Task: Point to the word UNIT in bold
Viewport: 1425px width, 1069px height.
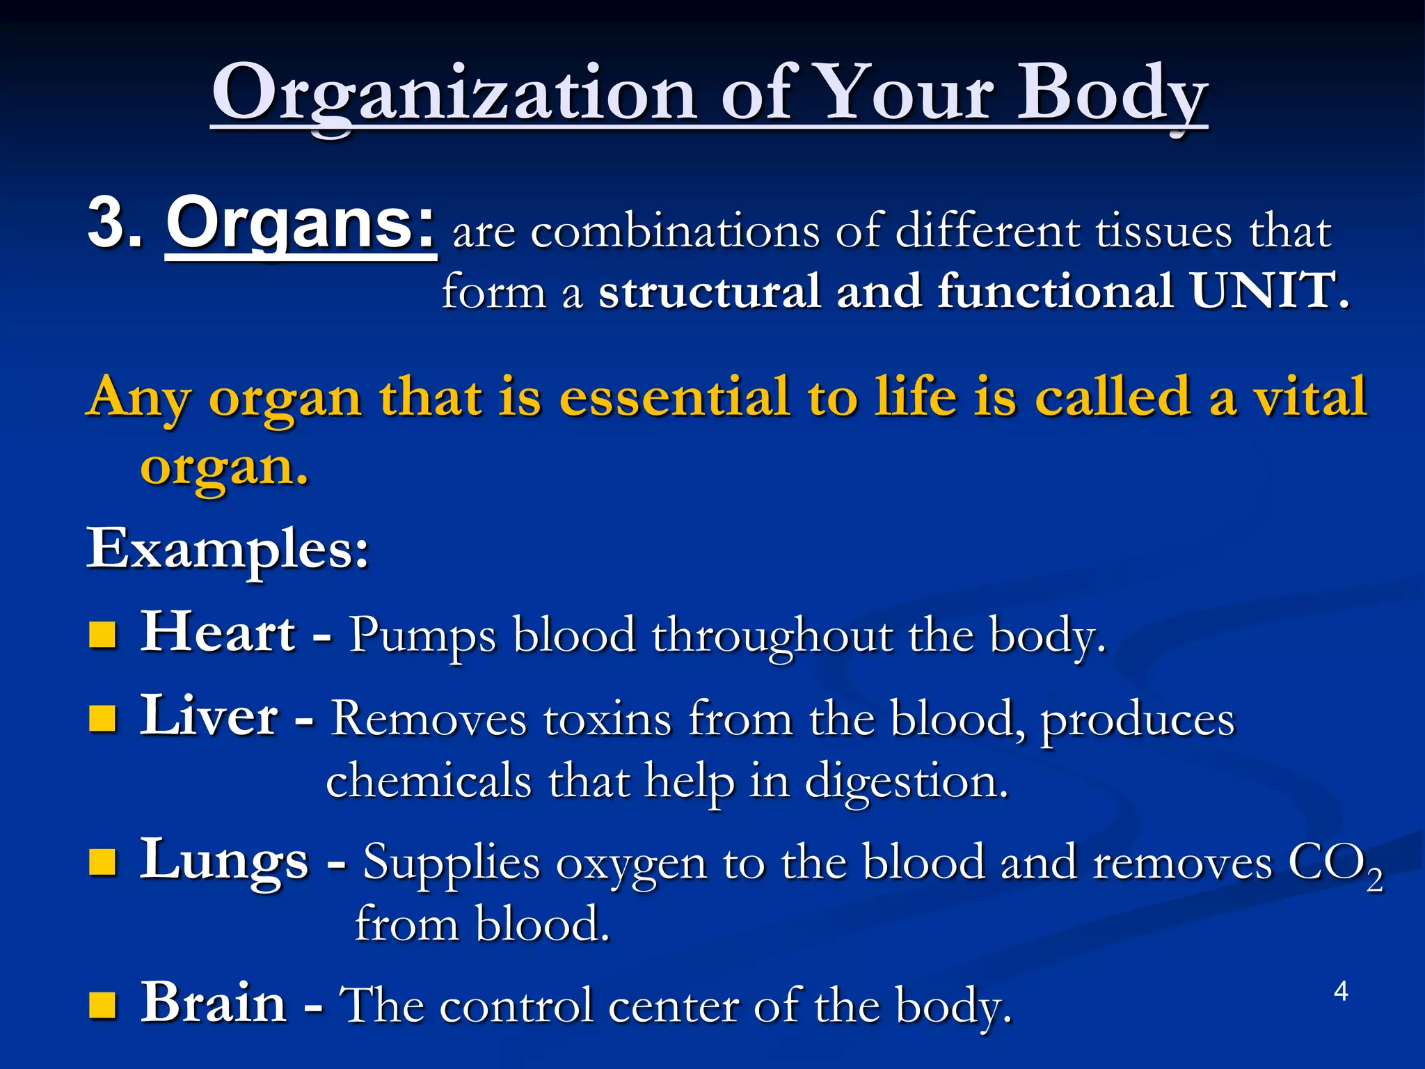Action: tap(1263, 291)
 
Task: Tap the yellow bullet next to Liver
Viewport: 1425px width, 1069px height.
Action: tap(103, 718)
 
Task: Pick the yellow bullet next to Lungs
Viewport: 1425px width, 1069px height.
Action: tap(103, 863)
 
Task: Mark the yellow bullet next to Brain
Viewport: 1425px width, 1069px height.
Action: tap(103, 1005)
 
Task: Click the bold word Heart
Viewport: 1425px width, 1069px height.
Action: tap(218, 632)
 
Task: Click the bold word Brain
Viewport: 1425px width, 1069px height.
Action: tap(214, 1003)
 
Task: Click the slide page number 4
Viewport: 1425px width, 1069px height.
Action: tap(1341, 991)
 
